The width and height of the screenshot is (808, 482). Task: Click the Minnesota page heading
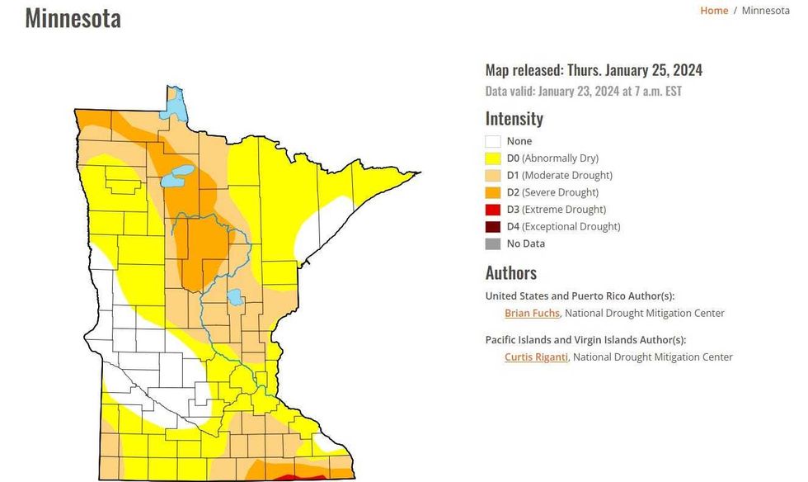coord(73,18)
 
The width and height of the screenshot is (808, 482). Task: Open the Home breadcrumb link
coord(714,11)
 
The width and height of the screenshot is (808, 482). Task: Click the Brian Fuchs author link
coord(532,314)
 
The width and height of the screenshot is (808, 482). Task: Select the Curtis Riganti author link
coord(536,357)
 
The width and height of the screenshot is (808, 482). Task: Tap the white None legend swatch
coord(493,141)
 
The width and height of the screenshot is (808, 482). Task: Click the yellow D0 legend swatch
coord(493,158)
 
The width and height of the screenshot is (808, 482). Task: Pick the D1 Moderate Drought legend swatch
coord(493,176)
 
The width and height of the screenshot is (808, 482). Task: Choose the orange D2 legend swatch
coord(493,192)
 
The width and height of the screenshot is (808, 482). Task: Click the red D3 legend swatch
coord(493,210)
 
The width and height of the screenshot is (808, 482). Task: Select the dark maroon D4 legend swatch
coord(493,227)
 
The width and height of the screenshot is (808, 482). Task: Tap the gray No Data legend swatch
coord(493,243)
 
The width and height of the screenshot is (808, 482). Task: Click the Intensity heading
coord(514,119)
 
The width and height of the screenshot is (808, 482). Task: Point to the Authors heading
coord(510,273)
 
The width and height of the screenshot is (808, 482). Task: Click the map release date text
coord(594,71)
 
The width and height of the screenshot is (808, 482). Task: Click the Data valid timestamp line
coord(583,92)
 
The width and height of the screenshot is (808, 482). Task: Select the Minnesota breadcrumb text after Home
coord(765,11)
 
